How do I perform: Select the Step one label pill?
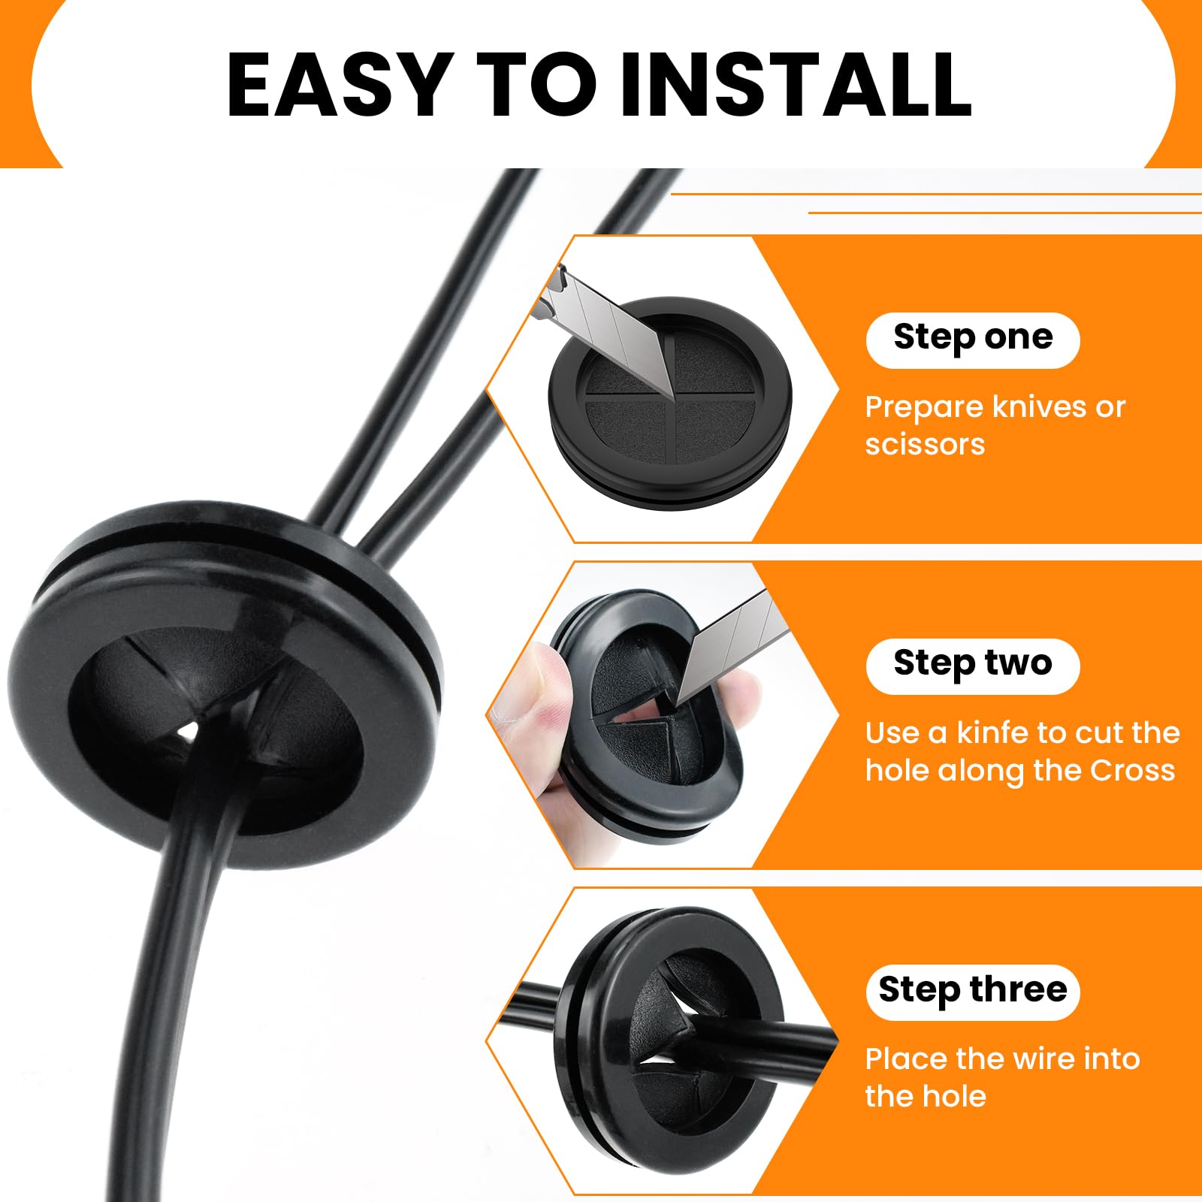973,340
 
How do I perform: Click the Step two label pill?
973,666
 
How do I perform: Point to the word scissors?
925,444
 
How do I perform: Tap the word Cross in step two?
1132,771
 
